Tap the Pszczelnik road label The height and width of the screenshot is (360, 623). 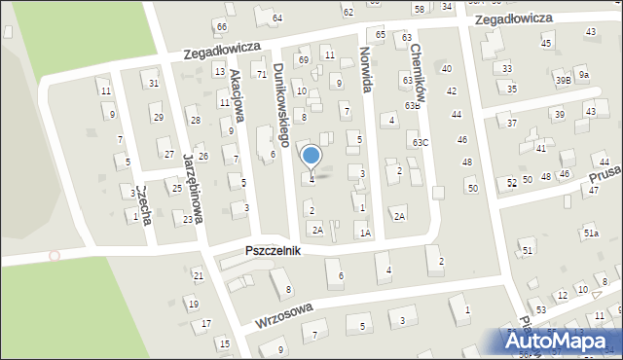(273, 251)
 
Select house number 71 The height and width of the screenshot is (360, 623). (260, 75)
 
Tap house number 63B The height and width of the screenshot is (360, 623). (412, 105)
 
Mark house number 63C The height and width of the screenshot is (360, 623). (420, 143)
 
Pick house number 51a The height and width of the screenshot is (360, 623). (591, 234)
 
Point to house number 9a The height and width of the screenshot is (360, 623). (583, 74)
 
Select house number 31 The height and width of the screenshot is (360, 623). (154, 84)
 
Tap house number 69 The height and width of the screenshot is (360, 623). (304, 60)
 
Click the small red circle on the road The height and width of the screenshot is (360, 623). (55, 255)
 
